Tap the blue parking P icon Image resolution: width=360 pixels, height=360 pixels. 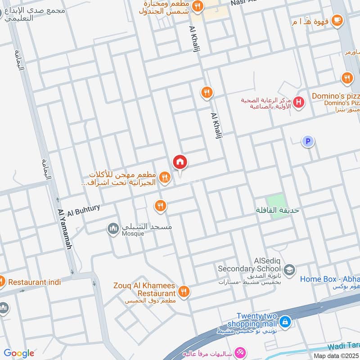[x=308, y=142]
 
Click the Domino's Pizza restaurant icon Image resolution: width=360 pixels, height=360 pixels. [x=346, y=78]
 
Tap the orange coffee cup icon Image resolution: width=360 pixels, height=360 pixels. [x=337, y=20]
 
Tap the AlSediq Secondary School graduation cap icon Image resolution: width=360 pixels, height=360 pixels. [x=289, y=269]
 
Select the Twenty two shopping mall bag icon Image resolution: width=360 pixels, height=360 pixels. [x=284, y=322]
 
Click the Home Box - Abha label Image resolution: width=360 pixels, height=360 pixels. [x=329, y=279]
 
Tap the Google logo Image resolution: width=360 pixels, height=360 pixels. [x=19, y=353]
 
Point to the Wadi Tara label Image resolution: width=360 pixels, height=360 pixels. [x=344, y=346]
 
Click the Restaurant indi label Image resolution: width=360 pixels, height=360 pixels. [x=35, y=282]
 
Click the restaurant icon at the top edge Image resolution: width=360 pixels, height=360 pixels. [x=197, y=6]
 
